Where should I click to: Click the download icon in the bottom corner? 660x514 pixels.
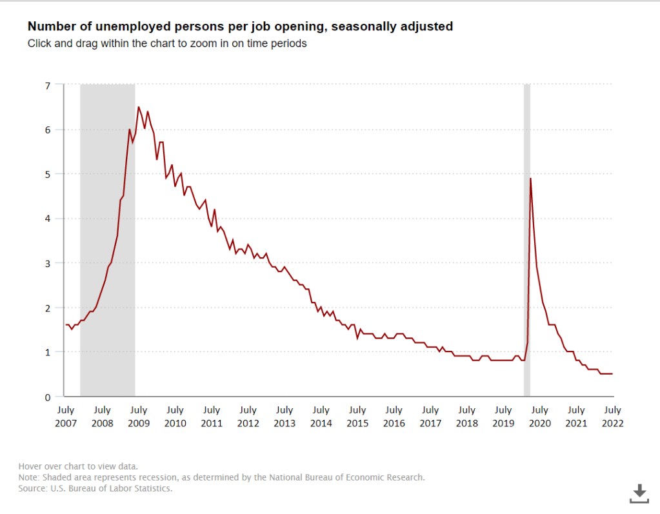tap(639, 493)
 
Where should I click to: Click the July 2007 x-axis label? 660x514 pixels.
tap(66, 417)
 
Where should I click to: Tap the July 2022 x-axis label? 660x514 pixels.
tap(612, 417)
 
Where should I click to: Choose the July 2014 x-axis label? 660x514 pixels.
tap(321, 417)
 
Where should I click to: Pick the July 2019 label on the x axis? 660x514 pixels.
tap(503, 417)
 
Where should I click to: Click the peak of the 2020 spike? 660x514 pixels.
tap(530, 179)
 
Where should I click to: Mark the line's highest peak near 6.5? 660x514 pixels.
tap(139, 107)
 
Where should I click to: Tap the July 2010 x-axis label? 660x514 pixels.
tap(175, 417)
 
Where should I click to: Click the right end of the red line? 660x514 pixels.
tap(612, 373)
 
